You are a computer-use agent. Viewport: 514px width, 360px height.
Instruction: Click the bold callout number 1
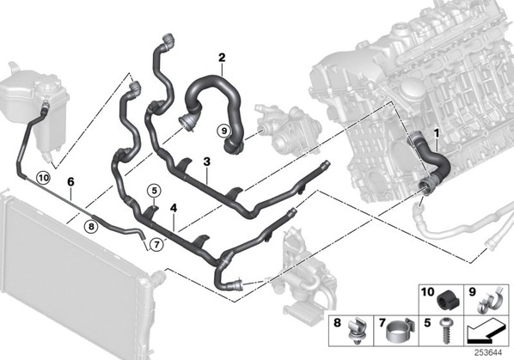coord(437,133)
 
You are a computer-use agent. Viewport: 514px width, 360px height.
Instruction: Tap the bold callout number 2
coord(222,58)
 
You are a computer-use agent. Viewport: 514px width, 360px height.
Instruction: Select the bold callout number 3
coord(206,162)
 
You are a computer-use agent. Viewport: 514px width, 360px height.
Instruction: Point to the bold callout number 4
coord(174,208)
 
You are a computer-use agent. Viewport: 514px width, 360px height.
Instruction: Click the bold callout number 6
coord(70,181)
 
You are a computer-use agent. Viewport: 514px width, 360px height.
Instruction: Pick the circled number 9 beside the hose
coord(223,131)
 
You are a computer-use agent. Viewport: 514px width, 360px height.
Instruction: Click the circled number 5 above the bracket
coord(155,189)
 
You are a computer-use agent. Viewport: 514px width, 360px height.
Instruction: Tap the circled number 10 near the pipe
coord(44,178)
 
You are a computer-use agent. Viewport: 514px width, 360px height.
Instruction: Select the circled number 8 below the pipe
coord(91,226)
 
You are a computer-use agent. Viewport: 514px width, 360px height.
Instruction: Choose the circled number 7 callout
coord(156,244)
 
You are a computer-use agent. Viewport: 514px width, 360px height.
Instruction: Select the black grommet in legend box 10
coord(448,299)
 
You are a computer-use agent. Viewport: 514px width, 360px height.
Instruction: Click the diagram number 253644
coord(489,353)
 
